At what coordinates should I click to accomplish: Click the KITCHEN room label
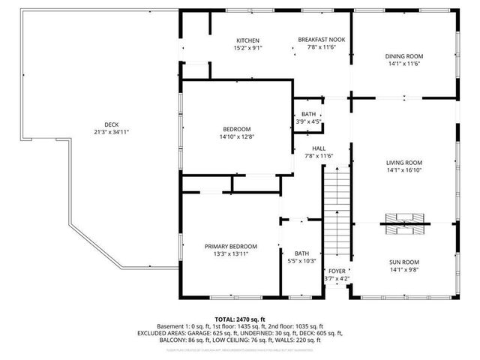coord(247,40)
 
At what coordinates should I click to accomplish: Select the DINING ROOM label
coord(404,56)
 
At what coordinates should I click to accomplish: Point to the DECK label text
coord(111,124)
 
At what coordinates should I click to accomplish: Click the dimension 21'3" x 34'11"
coord(111,132)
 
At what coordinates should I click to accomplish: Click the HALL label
coord(319,148)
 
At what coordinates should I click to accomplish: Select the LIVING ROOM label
coord(404,163)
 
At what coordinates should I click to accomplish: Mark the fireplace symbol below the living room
coord(404,220)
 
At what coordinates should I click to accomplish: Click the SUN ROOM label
coord(404,262)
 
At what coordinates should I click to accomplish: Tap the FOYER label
coord(337,271)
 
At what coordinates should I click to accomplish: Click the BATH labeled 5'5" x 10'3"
coord(301,253)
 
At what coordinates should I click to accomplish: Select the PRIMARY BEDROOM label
coord(231,247)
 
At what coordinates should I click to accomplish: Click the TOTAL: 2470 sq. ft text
coord(240,319)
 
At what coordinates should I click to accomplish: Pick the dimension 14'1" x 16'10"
coord(404,170)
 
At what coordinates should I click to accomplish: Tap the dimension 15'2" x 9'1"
coord(247,48)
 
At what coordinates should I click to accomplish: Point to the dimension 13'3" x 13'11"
coord(231,254)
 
